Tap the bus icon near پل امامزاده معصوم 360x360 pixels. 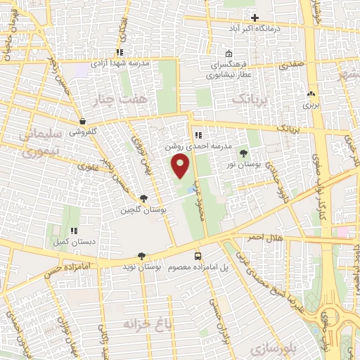click(x=198, y=257)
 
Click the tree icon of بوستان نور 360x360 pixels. click(x=244, y=153)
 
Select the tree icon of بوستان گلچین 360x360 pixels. click(x=144, y=199)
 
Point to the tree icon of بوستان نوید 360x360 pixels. click(x=143, y=257)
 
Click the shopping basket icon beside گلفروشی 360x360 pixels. click(x=83, y=121)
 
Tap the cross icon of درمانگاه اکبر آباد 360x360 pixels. click(x=255, y=18)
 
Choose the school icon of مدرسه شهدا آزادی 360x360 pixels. click(x=120, y=52)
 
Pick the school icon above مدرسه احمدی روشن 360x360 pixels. click(x=198, y=135)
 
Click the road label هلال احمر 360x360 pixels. click(x=264, y=238)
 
